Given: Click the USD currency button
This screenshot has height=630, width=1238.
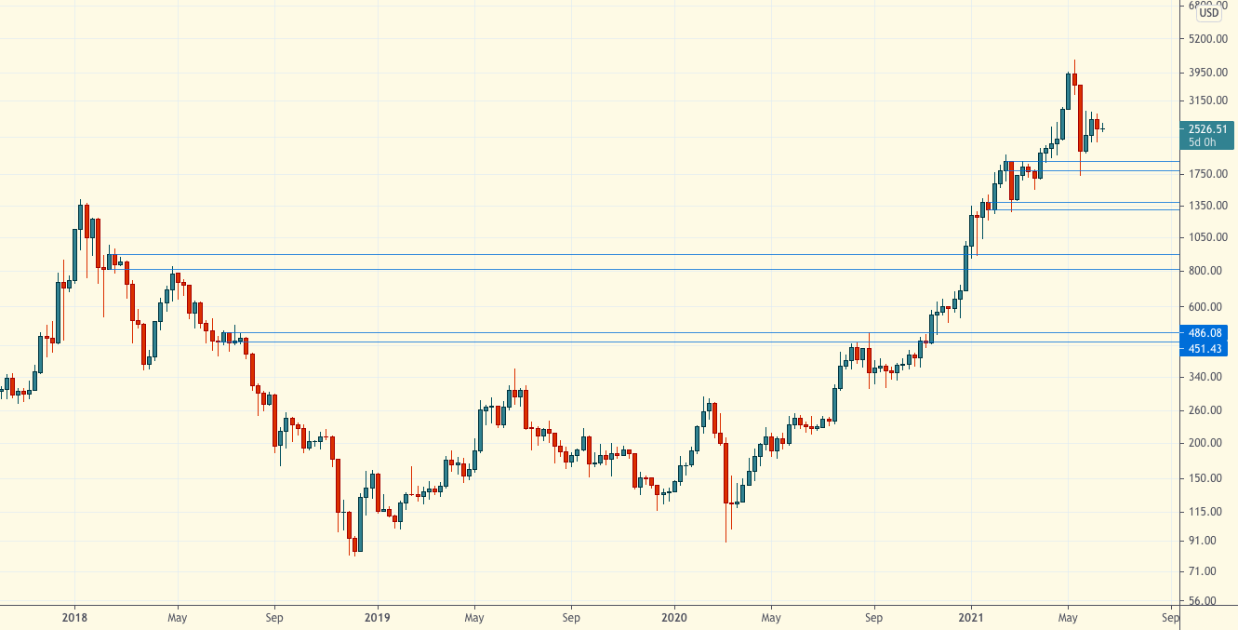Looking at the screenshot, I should point(1209,13).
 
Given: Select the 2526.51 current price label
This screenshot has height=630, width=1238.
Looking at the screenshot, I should point(1206,129).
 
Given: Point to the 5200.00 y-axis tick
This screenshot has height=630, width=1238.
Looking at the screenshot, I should point(1207,39).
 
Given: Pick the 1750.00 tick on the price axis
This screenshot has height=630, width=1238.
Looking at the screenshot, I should point(1207,174).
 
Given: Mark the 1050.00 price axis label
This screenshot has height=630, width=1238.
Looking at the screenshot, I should point(1207,237).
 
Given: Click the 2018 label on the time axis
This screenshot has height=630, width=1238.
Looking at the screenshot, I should point(75,617).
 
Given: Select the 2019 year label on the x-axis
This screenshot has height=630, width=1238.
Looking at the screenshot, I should point(377,617).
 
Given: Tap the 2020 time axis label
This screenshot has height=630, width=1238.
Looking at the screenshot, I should point(673,617).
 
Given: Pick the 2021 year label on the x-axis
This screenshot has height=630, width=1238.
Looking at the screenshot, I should point(971,617).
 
